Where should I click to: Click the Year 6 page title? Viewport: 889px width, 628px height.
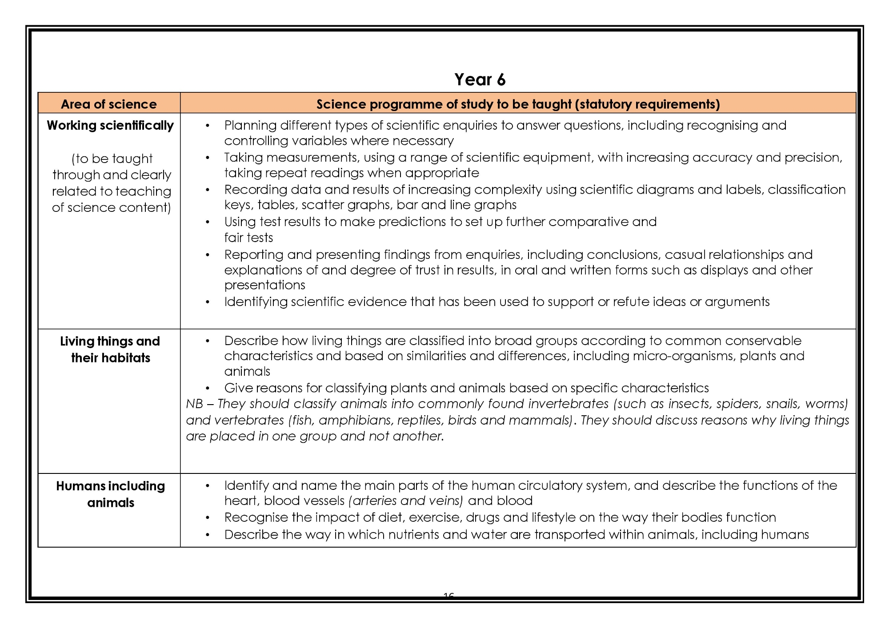(480, 80)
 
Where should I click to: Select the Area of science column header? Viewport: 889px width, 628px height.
(109, 104)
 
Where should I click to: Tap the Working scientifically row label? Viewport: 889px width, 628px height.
(110, 126)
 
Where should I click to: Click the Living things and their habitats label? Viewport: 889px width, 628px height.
(110, 350)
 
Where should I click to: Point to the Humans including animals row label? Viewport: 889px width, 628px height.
(110, 494)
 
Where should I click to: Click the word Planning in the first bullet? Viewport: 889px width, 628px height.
(250, 126)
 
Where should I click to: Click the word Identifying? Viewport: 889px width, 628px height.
(256, 302)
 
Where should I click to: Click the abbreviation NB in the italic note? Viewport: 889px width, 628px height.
(194, 404)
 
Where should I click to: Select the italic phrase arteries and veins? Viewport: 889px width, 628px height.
(406, 501)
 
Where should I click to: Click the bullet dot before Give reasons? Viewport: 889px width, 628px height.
(207, 389)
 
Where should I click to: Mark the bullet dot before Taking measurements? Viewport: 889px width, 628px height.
(207, 158)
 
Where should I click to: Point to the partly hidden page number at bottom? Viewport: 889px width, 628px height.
(449, 595)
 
